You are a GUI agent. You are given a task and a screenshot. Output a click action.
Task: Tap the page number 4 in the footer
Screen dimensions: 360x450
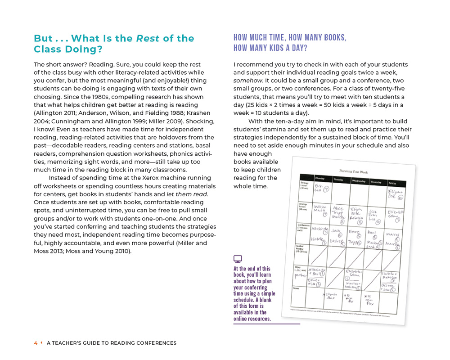click(x=36, y=343)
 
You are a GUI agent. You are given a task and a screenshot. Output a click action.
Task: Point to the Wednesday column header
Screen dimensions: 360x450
click(x=359, y=181)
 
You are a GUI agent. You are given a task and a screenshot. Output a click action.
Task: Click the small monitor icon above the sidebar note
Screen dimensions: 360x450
click(x=238, y=259)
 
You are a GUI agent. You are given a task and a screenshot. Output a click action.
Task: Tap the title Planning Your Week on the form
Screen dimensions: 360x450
click(x=354, y=172)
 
